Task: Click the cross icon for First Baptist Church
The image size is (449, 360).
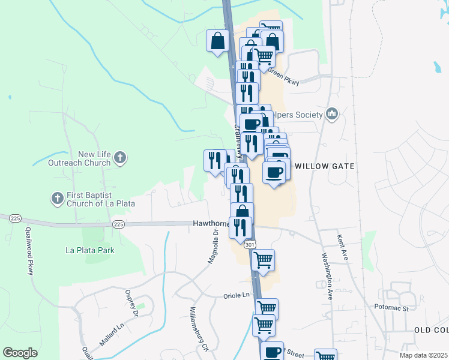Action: tap(57, 199)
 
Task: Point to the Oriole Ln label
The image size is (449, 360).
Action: tap(237, 295)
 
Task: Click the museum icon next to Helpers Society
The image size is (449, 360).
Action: tap(333, 114)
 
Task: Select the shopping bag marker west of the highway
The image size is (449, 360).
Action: tap(217, 41)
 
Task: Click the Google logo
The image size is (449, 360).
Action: tap(20, 353)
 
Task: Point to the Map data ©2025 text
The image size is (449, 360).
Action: tap(423, 355)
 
